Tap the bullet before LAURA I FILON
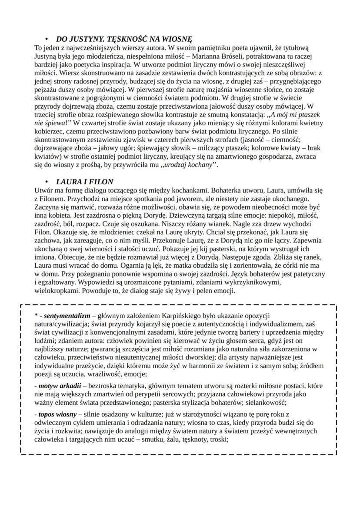(x=47, y=181)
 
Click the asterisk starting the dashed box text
(x=36, y=316)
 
